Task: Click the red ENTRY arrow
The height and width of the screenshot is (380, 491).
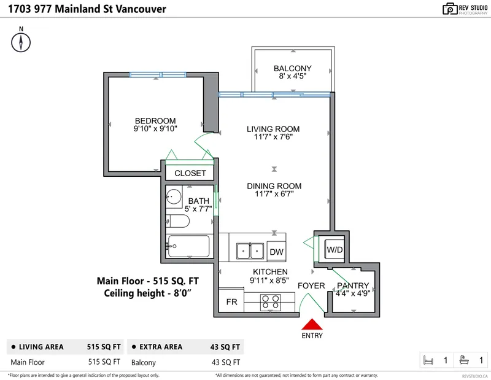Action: pyautogui.click(x=312, y=325)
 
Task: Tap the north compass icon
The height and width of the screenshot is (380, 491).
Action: pyautogui.click(x=21, y=42)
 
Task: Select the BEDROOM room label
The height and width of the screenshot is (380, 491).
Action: pyautogui.click(x=155, y=120)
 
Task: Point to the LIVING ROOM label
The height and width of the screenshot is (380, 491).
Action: pyautogui.click(x=273, y=129)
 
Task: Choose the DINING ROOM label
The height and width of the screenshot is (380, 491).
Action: pyautogui.click(x=274, y=186)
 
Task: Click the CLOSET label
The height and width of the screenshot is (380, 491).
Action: pyautogui.click(x=190, y=173)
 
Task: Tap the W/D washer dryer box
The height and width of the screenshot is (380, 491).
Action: pyautogui.click(x=334, y=250)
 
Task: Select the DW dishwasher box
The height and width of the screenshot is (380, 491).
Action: pyautogui.click(x=276, y=252)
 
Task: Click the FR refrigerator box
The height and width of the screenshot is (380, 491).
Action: pyautogui.click(x=231, y=302)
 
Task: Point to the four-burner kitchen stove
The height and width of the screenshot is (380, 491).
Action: pyautogui.click(x=271, y=302)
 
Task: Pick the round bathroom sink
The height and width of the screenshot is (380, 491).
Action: pyautogui.click(x=174, y=198)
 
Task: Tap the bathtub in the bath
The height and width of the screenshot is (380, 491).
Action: pyautogui.click(x=188, y=247)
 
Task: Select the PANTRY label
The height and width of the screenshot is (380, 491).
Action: pyautogui.click(x=353, y=285)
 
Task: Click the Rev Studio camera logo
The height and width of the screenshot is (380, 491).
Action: pyautogui.click(x=450, y=9)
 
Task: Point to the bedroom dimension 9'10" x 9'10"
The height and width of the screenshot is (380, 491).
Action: pyautogui.click(x=155, y=129)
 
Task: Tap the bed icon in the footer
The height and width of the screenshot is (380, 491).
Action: pyautogui.click(x=430, y=360)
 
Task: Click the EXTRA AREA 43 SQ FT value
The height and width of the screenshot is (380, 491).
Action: pyautogui.click(x=226, y=347)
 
